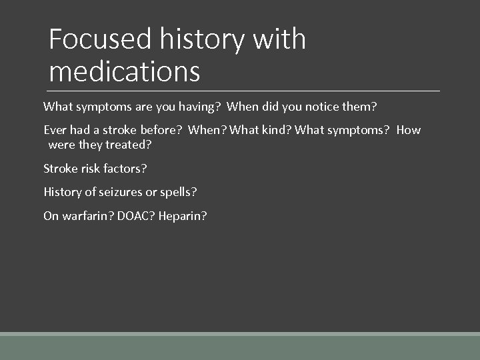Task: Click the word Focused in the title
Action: point(101,39)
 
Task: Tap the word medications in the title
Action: point(124,71)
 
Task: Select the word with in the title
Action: point(279,39)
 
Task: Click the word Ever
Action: point(55,130)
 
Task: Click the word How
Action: point(409,130)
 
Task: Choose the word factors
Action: point(125,169)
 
